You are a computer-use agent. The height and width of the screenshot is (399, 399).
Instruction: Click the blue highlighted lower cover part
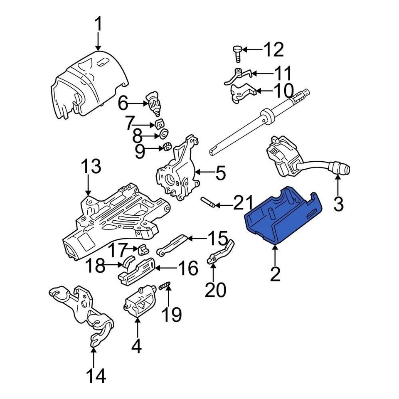coord(283,216)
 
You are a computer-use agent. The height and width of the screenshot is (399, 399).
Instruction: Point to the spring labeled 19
coord(165,286)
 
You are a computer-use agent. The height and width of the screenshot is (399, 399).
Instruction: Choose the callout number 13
coord(91,167)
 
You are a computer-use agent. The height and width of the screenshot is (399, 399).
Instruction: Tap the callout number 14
coord(96,376)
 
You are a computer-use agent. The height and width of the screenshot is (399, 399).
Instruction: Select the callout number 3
coord(339,204)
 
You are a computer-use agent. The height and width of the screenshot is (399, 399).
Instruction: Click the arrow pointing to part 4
coord(137,328)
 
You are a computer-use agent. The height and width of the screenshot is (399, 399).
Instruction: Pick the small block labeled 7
coord(159,124)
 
